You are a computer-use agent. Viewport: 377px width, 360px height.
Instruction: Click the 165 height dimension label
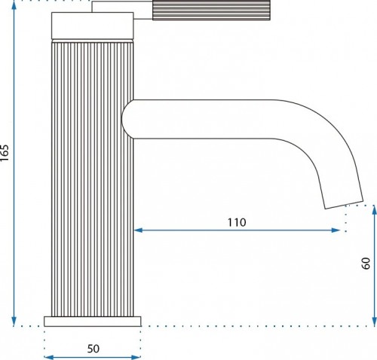click(5, 153)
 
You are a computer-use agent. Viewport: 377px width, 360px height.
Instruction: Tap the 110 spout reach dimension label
click(237, 222)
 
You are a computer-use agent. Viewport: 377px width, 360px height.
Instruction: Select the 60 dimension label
click(366, 264)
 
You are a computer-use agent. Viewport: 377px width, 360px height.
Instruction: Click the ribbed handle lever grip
click(211, 10)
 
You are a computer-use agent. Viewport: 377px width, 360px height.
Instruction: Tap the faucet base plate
click(93, 322)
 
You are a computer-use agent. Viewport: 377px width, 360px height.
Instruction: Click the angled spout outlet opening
click(344, 205)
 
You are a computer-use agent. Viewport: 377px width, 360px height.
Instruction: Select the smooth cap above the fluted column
click(92, 26)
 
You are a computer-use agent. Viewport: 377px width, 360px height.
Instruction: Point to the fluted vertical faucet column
click(92, 179)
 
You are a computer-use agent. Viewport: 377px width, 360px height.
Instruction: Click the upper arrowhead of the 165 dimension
click(14, 5)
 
